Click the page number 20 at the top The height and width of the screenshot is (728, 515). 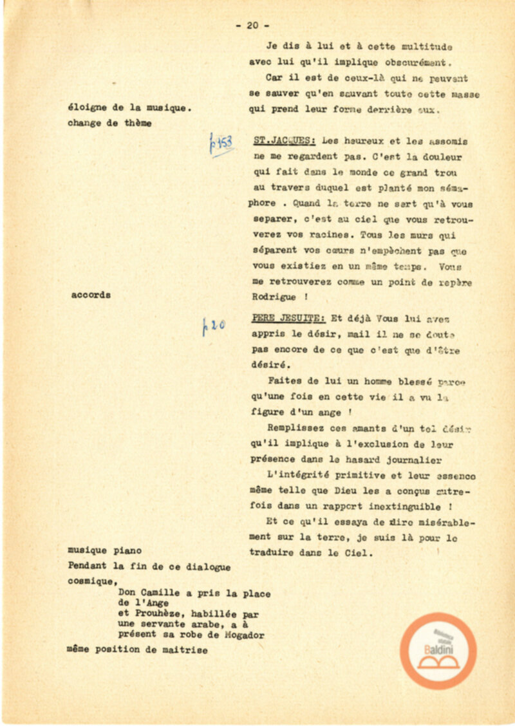click(252, 26)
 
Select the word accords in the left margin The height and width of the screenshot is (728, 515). click(91, 295)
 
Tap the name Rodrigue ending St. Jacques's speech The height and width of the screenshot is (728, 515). click(274, 297)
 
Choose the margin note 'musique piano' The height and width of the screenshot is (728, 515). click(104, 551)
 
